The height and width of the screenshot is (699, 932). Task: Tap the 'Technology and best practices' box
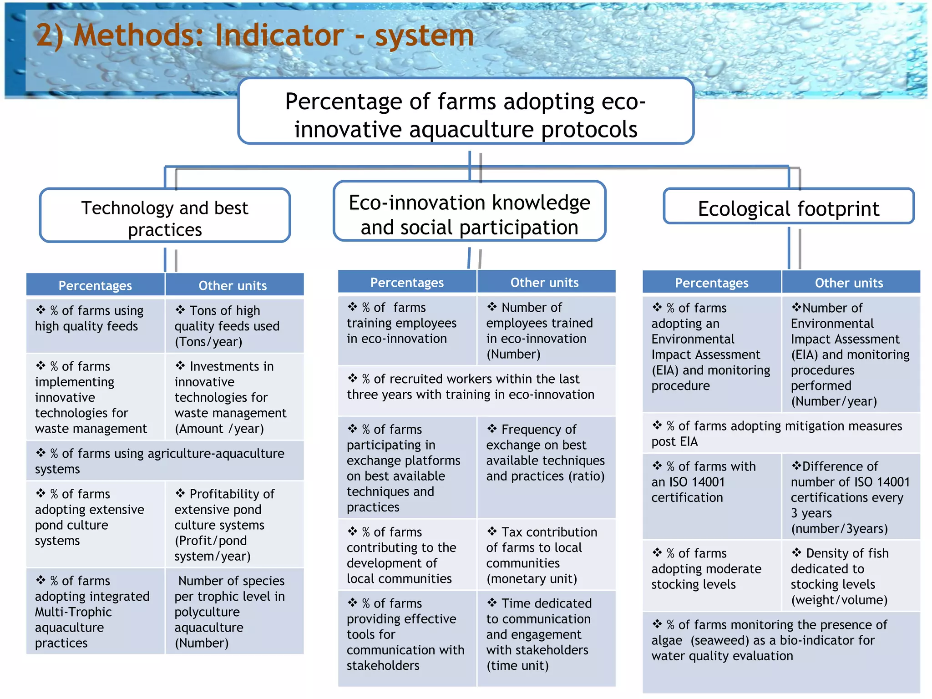coord(165,215)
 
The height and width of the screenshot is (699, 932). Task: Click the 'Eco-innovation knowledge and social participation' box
coord(469,211)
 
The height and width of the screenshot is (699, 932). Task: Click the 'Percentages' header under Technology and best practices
coord(95,285)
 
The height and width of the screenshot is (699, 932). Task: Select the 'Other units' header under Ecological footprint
coord(849,283)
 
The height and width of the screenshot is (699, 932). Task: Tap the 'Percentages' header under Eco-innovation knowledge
coord(407,283)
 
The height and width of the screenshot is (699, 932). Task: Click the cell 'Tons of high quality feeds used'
coord(234,326)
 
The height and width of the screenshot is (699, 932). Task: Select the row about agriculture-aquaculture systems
coord(165,461)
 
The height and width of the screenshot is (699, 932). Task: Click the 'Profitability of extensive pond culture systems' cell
coord(234,524)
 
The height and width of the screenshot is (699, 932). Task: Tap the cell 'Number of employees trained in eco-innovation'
coord(545,330)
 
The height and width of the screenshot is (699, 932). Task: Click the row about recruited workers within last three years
coord(476,387)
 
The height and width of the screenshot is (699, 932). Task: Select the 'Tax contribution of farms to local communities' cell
coord(545,555)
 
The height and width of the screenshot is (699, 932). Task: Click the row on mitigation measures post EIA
coord(781,433)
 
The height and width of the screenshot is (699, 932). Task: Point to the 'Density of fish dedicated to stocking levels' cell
coord(850,576)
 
